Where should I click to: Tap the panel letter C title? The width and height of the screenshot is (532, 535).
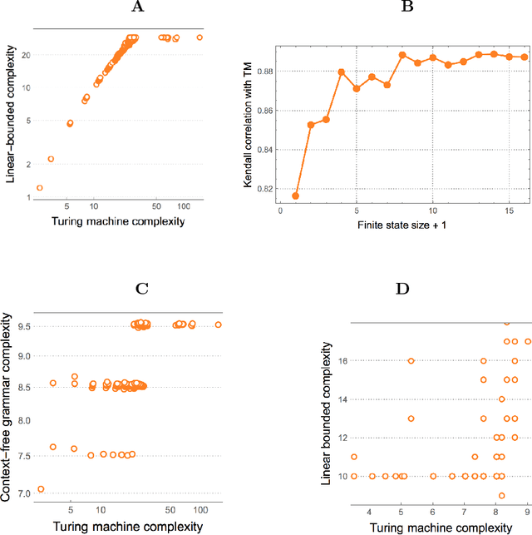[x=141, y=289]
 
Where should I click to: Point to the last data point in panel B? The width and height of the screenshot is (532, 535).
[x=525, y=57]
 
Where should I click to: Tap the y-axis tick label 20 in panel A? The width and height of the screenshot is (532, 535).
[x=27, y=55]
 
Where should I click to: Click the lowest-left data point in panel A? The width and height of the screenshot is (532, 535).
[x=39, y=188]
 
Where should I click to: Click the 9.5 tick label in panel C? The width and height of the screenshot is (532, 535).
[x=23, y=326]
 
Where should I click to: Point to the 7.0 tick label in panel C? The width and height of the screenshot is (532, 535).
[x=23, y=494]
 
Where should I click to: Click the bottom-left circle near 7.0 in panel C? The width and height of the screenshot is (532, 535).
[x=41, y=489]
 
